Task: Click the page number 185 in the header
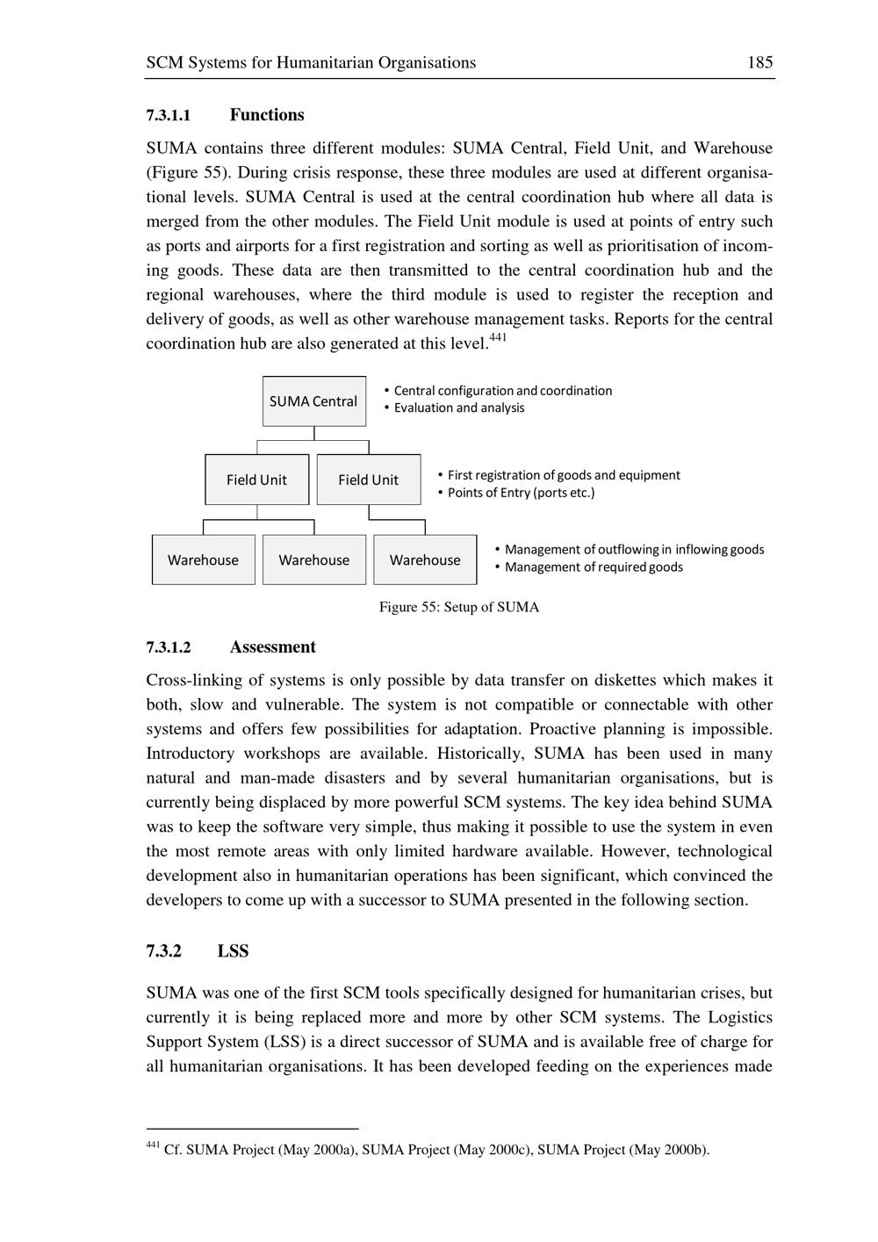tap(759, 62)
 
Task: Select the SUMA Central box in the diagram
tap(313, 401)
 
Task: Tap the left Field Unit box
tap(256, 480)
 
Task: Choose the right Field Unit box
tap(368, 480)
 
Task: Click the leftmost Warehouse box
tap(203, 560)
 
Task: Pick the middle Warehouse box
tap(313, 560)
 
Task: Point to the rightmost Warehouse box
tap(425, 560)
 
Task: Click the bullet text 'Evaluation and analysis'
tap(458, 408)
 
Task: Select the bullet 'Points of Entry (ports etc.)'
tap(521, 493)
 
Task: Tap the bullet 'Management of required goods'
tap(594, 567)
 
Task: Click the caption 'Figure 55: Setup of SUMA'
tap(459, 607)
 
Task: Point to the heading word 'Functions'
tap(267, 115)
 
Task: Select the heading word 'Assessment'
tap(272, 647)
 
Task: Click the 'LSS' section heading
tap(234, 951)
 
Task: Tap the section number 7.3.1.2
tap(169, 647)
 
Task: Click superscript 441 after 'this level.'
tap(498, 337)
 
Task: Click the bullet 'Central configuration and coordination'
tap(502, 391)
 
